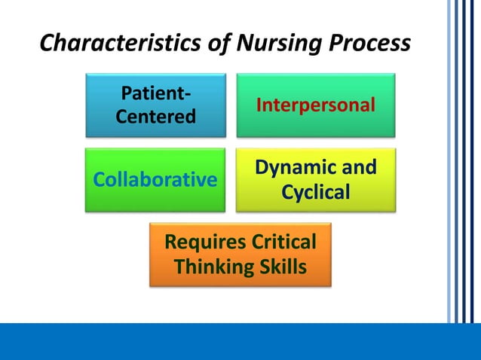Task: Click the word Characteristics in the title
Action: click(117, 44)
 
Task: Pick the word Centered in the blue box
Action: click(155, 117)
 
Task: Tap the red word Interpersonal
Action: click(315, 105)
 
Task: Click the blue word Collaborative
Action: click(155, 180)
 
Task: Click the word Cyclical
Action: click(315, 192)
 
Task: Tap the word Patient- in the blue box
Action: click(155, 93)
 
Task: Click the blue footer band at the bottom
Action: click(240, 342)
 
